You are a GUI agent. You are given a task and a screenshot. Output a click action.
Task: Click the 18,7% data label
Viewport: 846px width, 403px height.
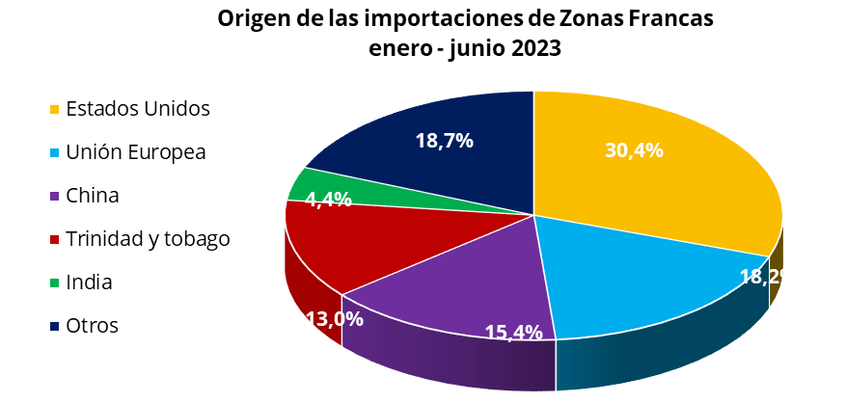tap(444, 141)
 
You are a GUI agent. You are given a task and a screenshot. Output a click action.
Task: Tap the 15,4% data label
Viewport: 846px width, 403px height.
tap(513, 332)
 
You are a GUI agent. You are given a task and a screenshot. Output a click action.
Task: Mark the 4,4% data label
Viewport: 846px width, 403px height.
tap(328, 200)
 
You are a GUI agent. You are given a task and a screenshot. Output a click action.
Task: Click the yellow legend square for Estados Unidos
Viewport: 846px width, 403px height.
tap(56, 108)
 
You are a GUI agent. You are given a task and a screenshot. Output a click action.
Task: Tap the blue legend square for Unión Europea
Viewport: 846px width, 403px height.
tap(56, 152)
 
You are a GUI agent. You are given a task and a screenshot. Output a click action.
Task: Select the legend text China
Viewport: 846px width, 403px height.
tap(93, 196)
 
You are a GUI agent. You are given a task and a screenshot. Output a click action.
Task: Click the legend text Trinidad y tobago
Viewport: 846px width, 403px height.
tap(148, 239)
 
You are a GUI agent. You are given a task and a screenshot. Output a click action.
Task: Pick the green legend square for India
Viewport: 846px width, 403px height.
tap(56, 282)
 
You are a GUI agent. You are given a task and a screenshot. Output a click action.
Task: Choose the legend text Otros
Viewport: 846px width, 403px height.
tap(92, 326)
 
